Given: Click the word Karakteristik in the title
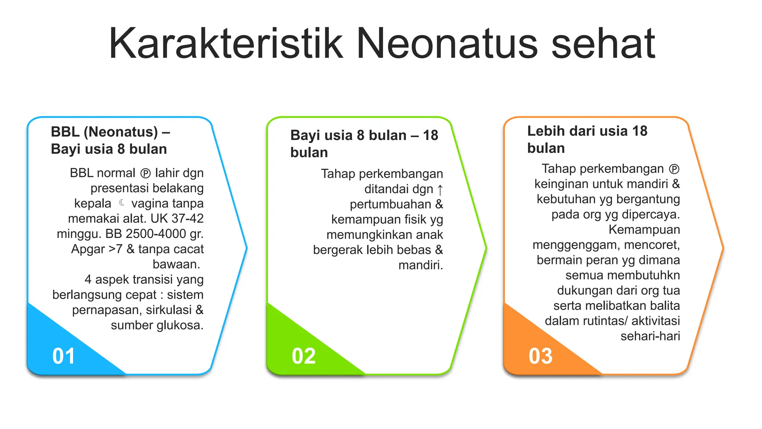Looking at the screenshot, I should tap(225, 43).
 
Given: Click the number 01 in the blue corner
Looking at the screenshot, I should tap(64, 356).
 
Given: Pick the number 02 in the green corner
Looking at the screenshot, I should tap(304, 356).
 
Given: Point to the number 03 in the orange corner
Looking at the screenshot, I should tap(541, 356).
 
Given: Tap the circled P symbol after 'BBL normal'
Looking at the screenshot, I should tap(145, 174).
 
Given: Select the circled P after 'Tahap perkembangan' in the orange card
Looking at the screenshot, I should tap(674, 169).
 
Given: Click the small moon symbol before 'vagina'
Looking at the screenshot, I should tap(121, 203).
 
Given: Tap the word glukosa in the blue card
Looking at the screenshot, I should tap(180, 325).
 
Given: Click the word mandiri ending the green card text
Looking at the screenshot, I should tap(420, 265).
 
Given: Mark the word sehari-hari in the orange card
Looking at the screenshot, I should tap(650, 336).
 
